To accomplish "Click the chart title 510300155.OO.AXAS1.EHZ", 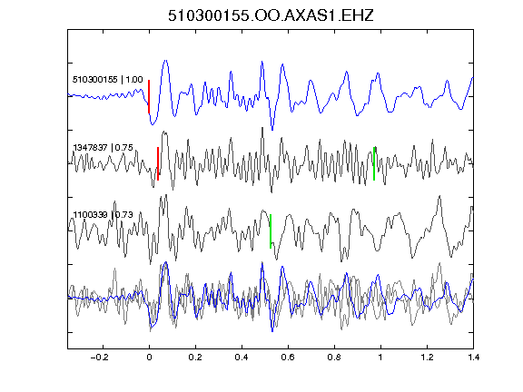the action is [271, 15].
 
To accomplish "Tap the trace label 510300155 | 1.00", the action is [108, 79].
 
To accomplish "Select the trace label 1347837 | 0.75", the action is [104, 147].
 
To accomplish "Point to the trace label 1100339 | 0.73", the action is [104, 214].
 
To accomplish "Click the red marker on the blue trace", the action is [149, 97].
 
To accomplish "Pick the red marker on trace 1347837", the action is [158, 163].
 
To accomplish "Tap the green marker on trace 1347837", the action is [374, 163].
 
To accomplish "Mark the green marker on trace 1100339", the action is [271, 231].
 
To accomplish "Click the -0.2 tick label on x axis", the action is [100, 358].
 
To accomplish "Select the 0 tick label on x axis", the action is [149, 358].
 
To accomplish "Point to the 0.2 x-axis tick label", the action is [195, 358].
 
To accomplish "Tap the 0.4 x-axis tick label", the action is [242, 358].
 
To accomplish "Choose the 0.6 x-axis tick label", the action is [288, 358].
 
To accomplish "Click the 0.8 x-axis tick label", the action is [334, 358].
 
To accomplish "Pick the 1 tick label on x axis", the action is [380, 358].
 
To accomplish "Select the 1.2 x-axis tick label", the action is [427, 358].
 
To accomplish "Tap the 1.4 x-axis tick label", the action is [473, 358].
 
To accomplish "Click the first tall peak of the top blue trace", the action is [165, 61].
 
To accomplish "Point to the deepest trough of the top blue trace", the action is [272, 130].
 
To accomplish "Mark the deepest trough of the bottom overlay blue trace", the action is [272, 331].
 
